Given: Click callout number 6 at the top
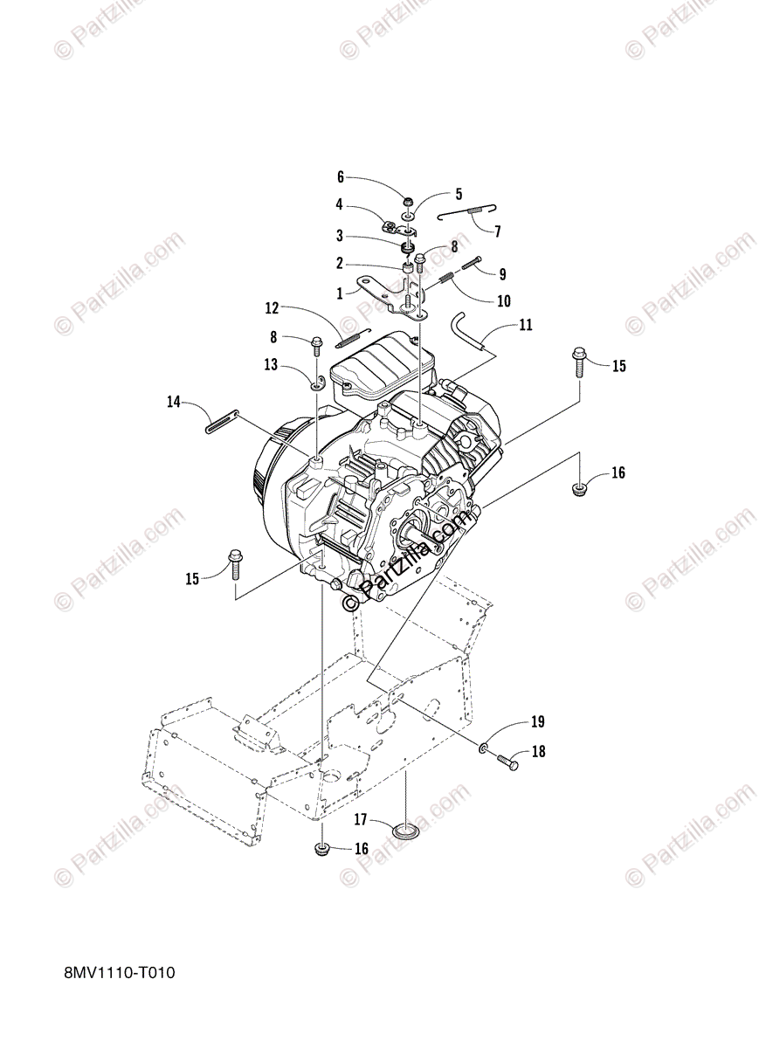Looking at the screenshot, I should pos(342,176).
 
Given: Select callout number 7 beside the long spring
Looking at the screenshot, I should pos(497,232).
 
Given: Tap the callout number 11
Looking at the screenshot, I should pos(525,325).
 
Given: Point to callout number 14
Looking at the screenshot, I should pos(174,402).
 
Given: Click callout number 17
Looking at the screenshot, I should pos(360,819).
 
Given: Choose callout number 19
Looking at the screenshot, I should pos(537,721).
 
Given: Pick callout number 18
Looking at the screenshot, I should pos(537,751).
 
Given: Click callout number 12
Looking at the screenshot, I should pos(272,307).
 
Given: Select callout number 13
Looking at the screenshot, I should pos(272,365).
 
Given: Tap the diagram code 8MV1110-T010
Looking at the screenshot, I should pos(120,997).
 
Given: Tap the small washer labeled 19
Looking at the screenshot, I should pos(483,748).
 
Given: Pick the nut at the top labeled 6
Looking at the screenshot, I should pos(408,192).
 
